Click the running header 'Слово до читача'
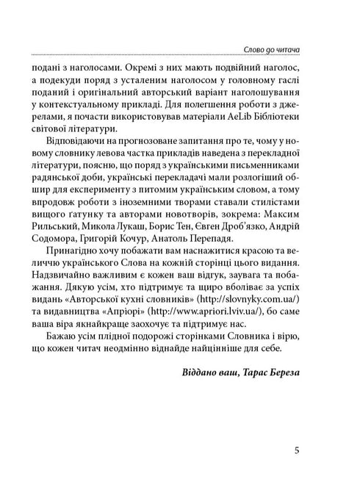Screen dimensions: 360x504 click(275, 49)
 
